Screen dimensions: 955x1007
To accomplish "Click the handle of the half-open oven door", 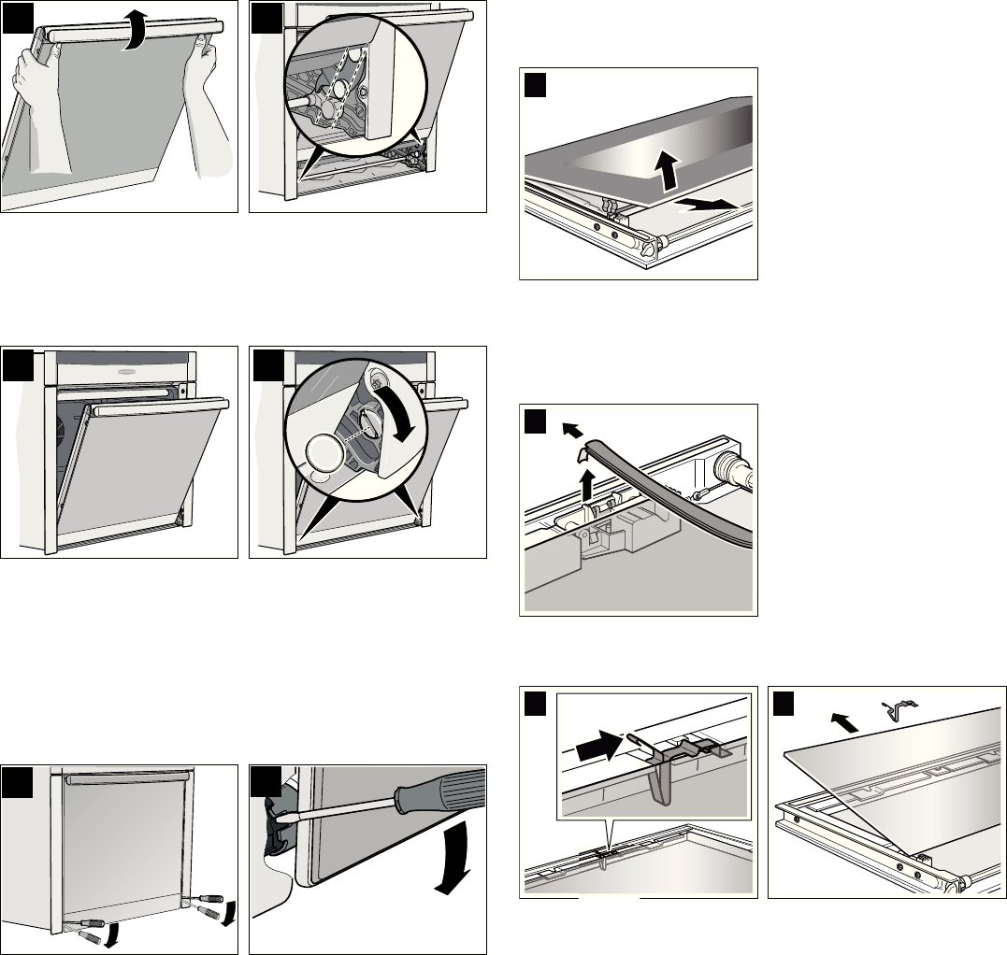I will [x=158, y=406].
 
